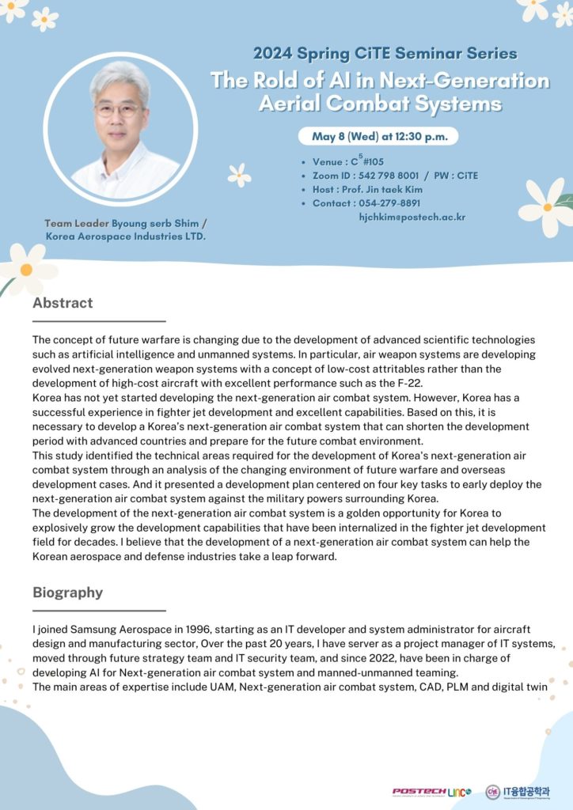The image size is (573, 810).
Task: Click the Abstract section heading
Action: point(63,303)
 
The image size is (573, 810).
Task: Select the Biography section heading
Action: point(67,592)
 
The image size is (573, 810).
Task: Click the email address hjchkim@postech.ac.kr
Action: point(412,217)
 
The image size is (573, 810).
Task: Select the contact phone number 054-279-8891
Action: point(389,203)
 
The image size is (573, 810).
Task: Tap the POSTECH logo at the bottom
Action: point(417,791)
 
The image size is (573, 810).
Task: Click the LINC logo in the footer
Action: point(458,791)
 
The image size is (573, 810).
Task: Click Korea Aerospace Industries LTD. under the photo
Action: point(126,237)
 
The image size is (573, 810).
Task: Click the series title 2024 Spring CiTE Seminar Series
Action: point(385,54)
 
